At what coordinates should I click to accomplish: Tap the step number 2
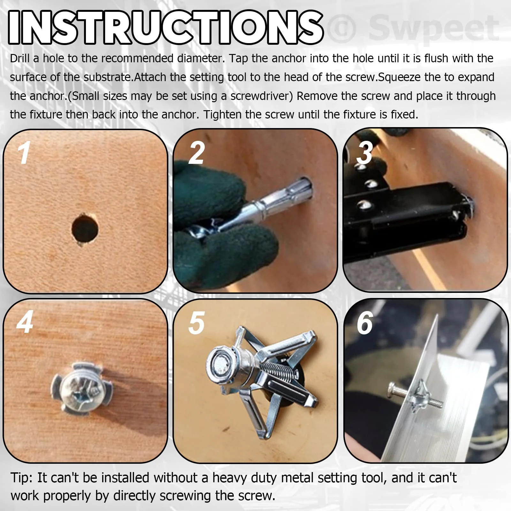point(196,153)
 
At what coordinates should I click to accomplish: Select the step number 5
point(196,323)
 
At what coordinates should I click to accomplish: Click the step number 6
point(365,323)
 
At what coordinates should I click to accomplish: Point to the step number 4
point(25,322)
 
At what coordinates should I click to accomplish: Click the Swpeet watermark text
point(433,28)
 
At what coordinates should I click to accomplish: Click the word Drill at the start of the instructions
point(20,58)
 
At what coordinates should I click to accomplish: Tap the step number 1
point(24,153)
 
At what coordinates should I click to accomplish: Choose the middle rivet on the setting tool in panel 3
point(371,184)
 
